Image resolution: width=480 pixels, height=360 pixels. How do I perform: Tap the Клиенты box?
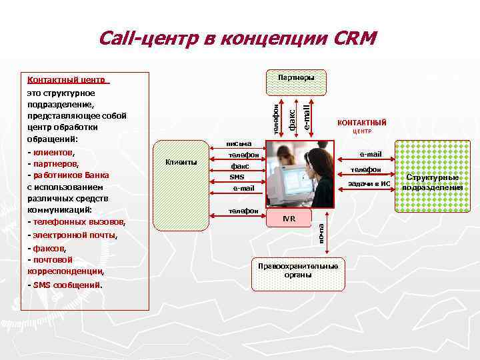click(x=181, y=162)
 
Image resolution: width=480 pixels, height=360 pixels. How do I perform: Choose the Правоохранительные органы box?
click(x=298, y=270)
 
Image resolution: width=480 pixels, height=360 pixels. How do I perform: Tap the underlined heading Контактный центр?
click(x=66, y=80)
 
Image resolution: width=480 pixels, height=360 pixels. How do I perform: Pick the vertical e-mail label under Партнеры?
click(x=305, y=113)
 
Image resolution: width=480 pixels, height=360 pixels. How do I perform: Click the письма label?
click(x=239, y=144)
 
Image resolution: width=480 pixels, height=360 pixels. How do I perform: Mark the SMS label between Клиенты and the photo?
click(x=237, y=177)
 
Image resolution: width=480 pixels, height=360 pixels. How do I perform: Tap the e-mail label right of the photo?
click(x=370, y=154)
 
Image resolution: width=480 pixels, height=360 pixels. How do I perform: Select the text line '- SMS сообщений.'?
click(x=65, y=285)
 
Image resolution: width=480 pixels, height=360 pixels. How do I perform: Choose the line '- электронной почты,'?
click(x=72, y=235)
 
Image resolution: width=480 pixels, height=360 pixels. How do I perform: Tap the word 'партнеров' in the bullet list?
click(x=55, y=163)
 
